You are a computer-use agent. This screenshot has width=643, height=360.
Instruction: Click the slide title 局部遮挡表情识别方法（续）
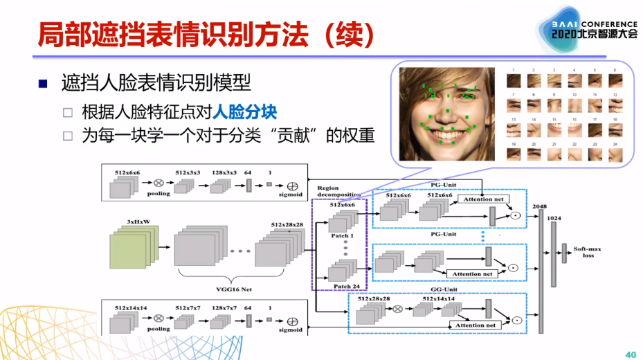[x=208, y=33]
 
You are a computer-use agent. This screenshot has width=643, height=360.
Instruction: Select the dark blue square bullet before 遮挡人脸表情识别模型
[x=43, y=84]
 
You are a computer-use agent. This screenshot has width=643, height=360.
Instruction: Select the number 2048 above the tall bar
[x=540, y=206]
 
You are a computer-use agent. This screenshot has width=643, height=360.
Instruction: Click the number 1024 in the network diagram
[x=554, y=218]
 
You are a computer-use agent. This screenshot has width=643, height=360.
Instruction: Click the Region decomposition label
[x=337, y=192]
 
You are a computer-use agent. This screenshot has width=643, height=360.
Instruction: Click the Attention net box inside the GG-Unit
[x=475, y=325]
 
